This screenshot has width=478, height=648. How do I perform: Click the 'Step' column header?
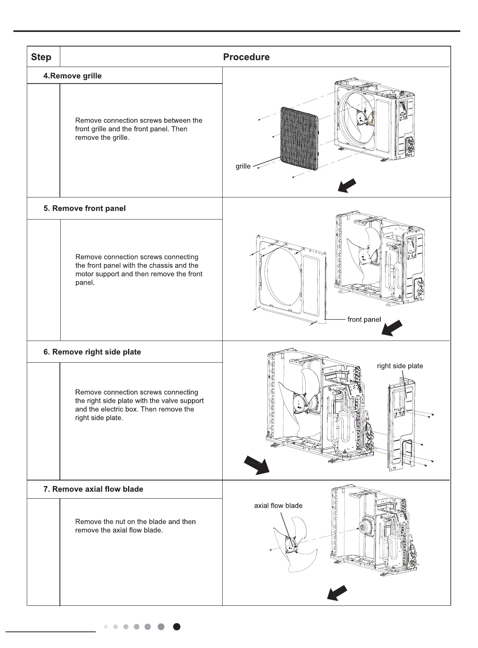click(41, 57)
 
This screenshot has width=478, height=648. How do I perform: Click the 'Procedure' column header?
click(246, 57)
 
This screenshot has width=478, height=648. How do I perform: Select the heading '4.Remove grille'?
click(73, 76)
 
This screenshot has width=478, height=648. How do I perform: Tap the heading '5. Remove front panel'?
click(85, 209)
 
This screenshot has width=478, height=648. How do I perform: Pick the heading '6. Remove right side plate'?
click(92, 352)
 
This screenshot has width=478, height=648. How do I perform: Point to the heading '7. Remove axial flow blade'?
click(93, 489)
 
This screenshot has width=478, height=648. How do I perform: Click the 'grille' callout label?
click(243, 166)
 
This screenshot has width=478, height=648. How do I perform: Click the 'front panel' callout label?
click(364, 320)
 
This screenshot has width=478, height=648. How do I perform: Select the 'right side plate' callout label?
click(400, 366)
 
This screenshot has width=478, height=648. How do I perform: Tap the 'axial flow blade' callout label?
click(278, 506)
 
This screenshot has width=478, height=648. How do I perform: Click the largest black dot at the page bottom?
click(177, 627)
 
